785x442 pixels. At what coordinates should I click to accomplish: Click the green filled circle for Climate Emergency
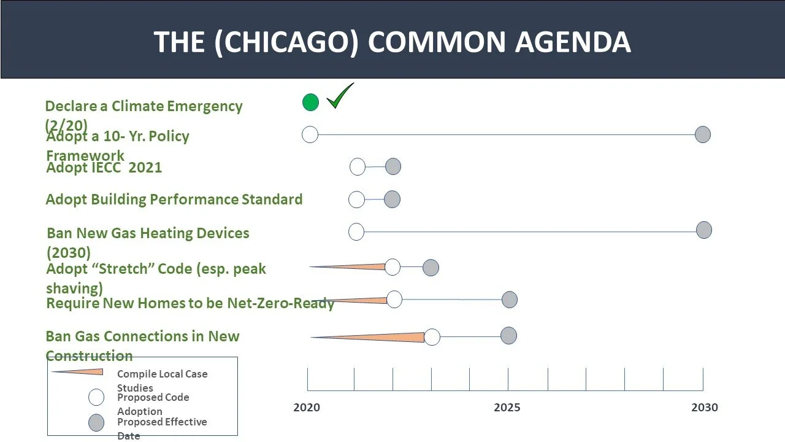311,103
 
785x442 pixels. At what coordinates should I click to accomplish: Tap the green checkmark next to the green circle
340,97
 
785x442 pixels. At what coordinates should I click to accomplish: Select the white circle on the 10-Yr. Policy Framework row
310,134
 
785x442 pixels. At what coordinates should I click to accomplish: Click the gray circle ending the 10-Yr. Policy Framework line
703,134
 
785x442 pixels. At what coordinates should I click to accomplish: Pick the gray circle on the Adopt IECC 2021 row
393,166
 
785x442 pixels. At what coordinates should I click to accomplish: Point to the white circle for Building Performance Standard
356,200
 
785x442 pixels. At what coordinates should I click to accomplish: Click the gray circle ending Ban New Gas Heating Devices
704,230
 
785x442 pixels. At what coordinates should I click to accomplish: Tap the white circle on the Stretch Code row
392,267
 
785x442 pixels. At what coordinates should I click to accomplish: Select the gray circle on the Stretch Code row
431,268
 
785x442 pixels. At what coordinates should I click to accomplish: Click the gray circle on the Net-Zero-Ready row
510,300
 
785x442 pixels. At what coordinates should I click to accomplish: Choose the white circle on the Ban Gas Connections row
432,337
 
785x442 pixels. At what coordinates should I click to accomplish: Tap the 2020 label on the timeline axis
307,408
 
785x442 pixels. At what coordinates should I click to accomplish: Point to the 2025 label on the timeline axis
507,408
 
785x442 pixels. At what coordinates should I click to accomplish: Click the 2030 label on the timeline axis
705,408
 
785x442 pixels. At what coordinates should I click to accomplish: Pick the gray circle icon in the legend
96,423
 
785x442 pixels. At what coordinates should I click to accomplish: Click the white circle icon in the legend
96,398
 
